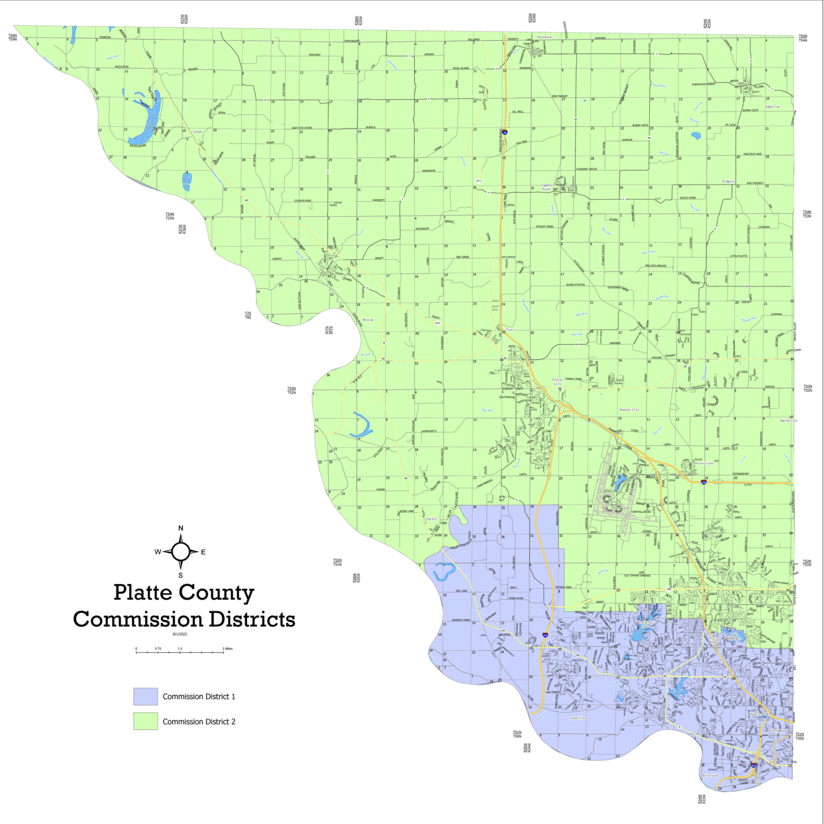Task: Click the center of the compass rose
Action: tap(181, 551)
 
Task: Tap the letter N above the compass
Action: tap(181, 528)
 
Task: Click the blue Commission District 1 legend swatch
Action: tap(145, 696)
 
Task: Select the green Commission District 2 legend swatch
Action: tap(145, 721)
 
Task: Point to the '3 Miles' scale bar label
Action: tap(227, 649)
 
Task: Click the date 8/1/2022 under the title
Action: tap(180, 634)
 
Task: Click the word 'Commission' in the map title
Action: tap(137, 619)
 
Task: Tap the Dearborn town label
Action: tap(544, 37)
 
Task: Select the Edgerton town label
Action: tap(772, 107)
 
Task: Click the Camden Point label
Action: tap(547, 187)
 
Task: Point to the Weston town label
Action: tap(368, 320)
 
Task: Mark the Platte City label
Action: tap(558, 381)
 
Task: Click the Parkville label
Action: tap(578, 718)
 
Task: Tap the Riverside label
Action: tap(710, 775)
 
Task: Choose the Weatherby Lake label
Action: tap(645, 624)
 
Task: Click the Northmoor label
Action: tap(778, 731)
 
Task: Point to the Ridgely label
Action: tap(728, 182)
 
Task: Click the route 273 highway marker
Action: tap(437, 323)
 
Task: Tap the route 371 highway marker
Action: tap(479, 181)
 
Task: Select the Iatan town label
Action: tap(197, 131)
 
